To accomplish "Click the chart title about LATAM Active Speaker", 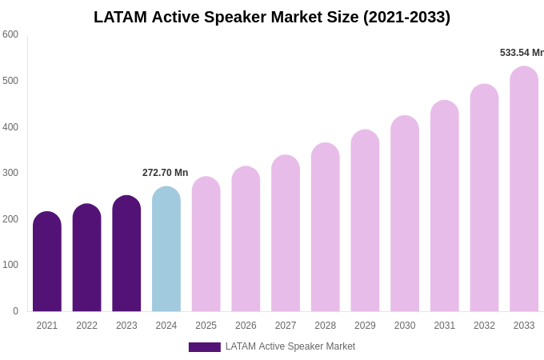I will click(272, 17).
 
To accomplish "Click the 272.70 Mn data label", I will click(165, 173).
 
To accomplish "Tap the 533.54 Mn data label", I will click(522, 53).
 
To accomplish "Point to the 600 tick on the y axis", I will click(10, 34).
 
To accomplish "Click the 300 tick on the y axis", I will click(10, 173).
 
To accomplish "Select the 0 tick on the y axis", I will click(15, 311).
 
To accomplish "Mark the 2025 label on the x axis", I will click(206, 326).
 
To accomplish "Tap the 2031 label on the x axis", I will click(444, 326).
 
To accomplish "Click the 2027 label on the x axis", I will click(286, 326).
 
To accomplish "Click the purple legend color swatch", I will click(204, 347).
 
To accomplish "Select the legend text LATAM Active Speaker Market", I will click(290, 346).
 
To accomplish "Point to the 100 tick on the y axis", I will click(10, 265).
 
